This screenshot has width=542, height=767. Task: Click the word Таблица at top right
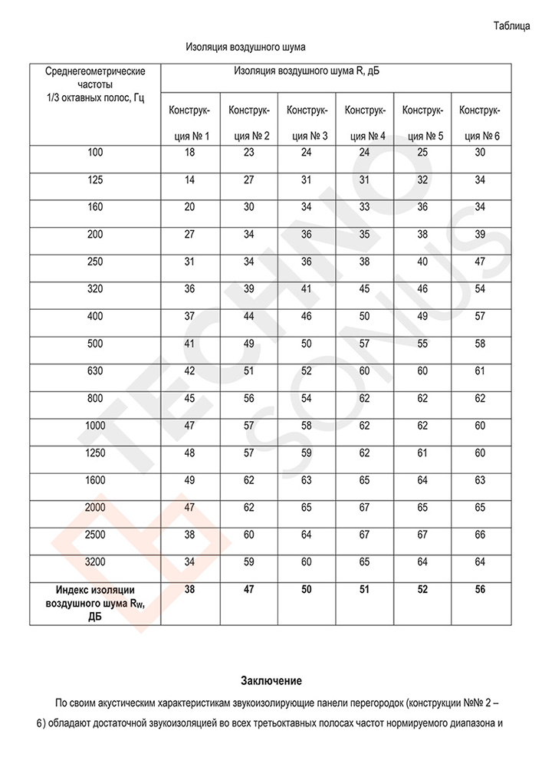(x=511, y=26)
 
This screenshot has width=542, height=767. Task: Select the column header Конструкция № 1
(x=190, y=123)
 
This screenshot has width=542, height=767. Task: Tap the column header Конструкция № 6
(x=480, y=123)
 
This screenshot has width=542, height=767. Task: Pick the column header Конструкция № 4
(x=364, y=123)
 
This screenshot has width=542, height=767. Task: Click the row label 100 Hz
(x=95, y=153)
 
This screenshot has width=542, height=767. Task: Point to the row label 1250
(x=95, y=453)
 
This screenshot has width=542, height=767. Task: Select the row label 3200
(x=95, y=562)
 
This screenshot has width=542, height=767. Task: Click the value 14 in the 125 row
(x=190, y=180)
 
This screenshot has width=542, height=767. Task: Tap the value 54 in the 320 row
(x=480, y=289)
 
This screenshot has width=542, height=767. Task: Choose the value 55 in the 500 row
(x=422, y=344)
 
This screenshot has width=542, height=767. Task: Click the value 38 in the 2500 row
(x=190, y=535)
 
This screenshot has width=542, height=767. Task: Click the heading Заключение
(x=271, y=680)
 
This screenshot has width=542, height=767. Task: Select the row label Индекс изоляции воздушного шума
(x=95, y=603)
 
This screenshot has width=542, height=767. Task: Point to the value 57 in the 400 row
(x=480, y=317)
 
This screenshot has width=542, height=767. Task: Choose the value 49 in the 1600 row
(x=190, y=480)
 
